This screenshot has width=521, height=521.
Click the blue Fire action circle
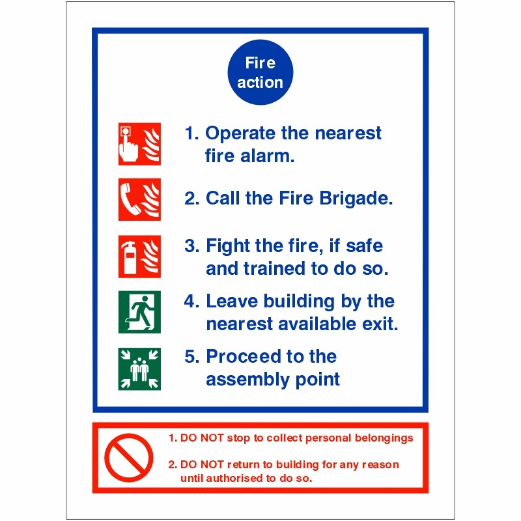click(260, 73)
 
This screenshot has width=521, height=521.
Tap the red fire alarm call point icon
click(139, 144)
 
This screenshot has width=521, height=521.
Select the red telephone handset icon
click(139, 199)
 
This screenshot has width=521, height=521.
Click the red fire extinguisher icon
click(139, 257)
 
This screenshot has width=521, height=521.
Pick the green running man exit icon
click(139, 312)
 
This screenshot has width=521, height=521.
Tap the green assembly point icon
click(139, 369)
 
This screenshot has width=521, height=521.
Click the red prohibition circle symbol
click(129, 457)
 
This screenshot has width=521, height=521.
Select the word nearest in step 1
click(348, 134)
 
